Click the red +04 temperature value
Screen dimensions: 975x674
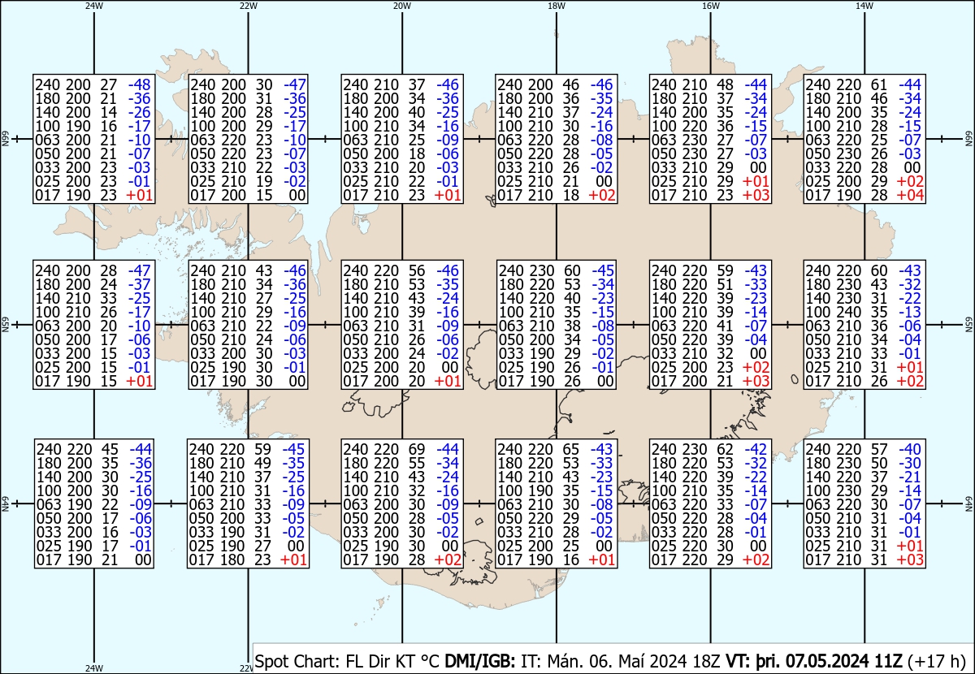pos(910,196)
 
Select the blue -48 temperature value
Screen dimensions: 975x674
pos(139,84)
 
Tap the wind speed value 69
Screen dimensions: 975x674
pos(416,450)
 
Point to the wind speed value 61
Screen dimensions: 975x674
pos(879,84)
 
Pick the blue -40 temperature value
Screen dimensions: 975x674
pos(910,450)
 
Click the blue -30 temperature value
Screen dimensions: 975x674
pos(910,464)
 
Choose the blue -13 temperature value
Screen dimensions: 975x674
pos(910,313)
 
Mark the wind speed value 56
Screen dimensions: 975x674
pos(417,270)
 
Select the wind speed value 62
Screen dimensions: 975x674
pos(725,450)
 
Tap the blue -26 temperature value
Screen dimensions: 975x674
pos(139,113)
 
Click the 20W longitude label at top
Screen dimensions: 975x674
pos(402,6)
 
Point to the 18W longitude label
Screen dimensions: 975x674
pos(557,6)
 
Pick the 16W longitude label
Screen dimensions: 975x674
pos(711,6)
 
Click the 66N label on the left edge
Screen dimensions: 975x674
pos(5,139)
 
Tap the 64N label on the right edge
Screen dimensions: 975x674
pos(969,503)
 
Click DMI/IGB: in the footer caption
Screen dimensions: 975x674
pos(480,662)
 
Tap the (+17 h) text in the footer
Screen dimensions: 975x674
pos(937,662)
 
